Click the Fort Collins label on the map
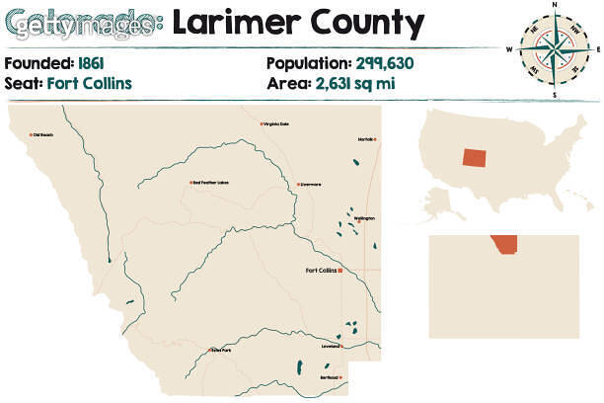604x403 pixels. [320, 270]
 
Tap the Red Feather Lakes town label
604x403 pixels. [210, 183]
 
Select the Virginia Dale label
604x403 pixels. [276, 123]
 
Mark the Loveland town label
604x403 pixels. [329, 346]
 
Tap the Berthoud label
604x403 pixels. [327, 376]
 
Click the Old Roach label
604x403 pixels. [43, 135]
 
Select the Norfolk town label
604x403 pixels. [365, 139]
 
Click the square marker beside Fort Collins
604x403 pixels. [340, 270]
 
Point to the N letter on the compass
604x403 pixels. [555, 5]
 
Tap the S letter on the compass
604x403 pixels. [555, 96]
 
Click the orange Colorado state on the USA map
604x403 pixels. [474, 157]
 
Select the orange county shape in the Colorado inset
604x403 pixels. [505, 244]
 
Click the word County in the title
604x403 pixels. [365, 23]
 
